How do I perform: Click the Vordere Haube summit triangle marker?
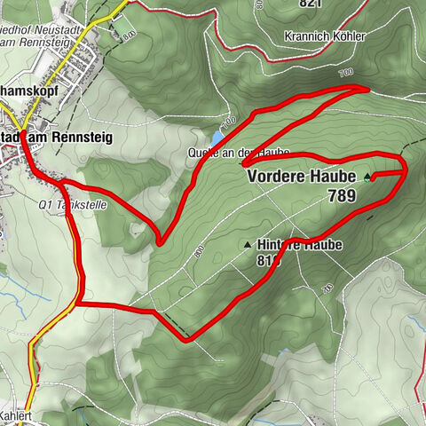367,177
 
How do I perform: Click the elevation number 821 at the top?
310,4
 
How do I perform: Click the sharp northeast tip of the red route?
367,88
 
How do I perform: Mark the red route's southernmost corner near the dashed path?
187,339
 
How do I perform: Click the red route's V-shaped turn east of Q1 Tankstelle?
159,241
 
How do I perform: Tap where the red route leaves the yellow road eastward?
79,304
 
